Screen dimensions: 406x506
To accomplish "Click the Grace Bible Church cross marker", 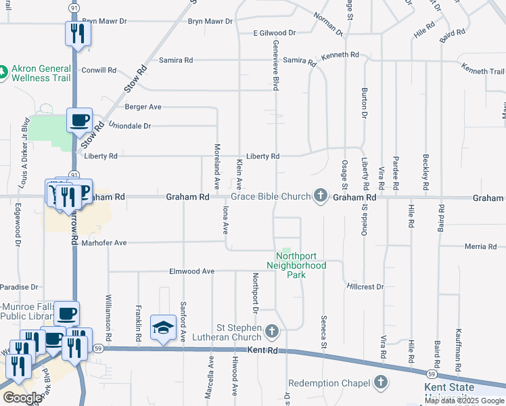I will click(321, 197).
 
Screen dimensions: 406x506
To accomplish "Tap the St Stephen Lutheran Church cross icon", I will click(271, 331).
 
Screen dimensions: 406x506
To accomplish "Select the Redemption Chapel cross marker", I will click(380, 383).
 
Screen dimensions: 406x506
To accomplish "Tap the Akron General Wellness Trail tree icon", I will click(4, 70).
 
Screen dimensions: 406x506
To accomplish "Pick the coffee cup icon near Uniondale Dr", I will click(79, 120).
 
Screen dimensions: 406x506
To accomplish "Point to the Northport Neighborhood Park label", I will click(301, 265).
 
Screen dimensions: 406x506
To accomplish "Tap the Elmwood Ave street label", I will click(191, 271).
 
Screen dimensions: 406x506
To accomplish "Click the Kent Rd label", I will click(263, 351).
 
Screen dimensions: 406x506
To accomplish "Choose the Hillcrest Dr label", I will click(365, 287).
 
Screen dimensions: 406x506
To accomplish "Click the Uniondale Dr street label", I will click(129, 126).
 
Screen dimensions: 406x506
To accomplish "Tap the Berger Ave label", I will click(143, 107).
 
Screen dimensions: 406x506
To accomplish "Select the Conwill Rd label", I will click(99, 70).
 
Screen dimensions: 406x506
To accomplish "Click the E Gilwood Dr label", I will click(275, 32).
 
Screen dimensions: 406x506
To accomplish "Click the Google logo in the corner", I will click(22, 398).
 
